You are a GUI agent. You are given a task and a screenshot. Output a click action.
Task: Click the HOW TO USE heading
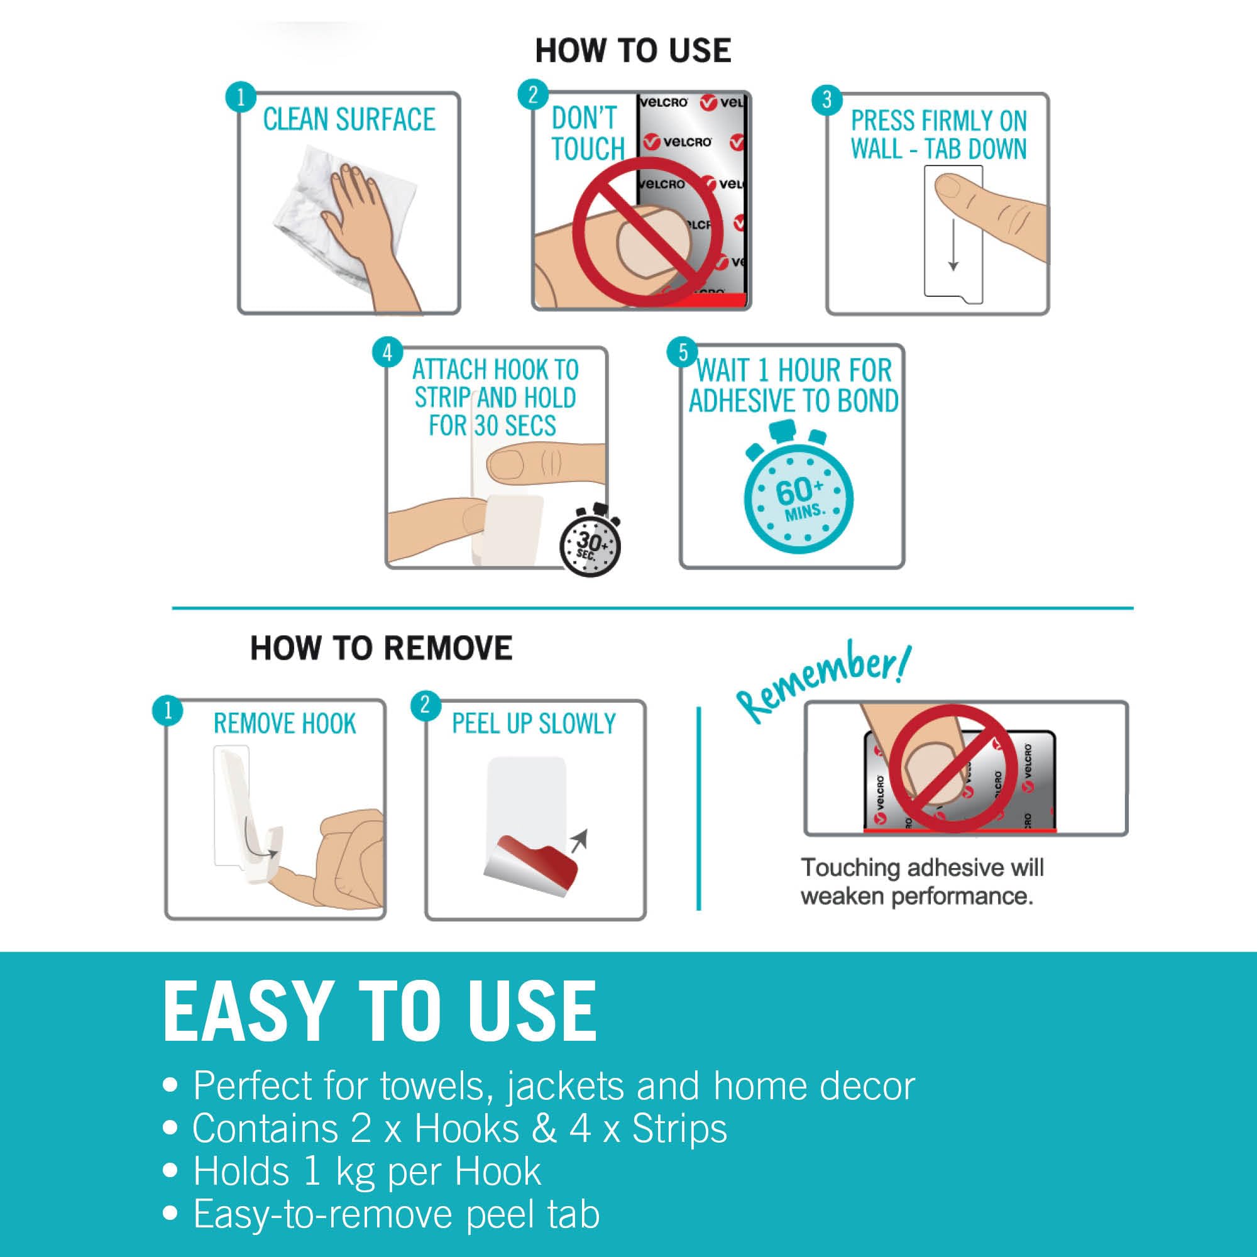pyautogui.click(x=633, y=51)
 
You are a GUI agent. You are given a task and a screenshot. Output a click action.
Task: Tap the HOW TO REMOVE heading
pyautogui.click(x=381, y=648)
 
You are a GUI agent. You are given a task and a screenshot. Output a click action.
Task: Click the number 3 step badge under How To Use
pyautogui.click(x=827, y=99)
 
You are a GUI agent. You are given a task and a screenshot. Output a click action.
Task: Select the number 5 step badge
pyautogui.click(x=683, y=352)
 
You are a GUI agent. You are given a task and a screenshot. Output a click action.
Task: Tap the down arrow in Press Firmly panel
pyautogui.click(x=953, y=244)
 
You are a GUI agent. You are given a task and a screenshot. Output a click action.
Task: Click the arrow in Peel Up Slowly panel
pyautogui.click(x=578, y=840)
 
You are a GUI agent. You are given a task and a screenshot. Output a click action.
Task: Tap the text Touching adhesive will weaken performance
pyautogui.click(x=922, y=882)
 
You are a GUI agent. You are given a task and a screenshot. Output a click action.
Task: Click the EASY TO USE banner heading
pyautogui.click(x=380, y=1012)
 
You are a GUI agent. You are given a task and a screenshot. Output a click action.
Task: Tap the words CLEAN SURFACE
pyautogui.click(x=349, y=119)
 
